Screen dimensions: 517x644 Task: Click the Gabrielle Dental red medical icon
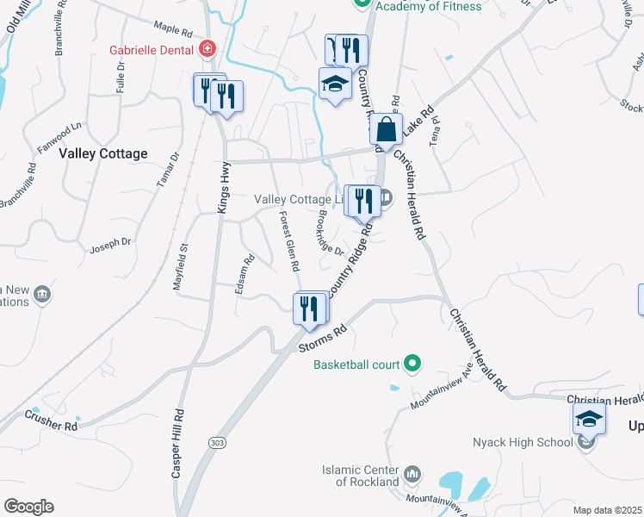click(x=207, y=49)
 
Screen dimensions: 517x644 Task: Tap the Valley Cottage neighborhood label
click(x=103, y=153)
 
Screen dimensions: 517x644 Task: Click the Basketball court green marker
click(x=412, y=364)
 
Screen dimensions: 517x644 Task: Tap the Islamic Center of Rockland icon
click(x=412, y=474)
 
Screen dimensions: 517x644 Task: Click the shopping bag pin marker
click(x=387, y=130)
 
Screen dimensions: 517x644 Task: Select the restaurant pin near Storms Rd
click(x=310, y=308)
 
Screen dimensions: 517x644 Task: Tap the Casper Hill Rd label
click(x=177, y=443)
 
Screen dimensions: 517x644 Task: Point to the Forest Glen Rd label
click(x=289, y=242)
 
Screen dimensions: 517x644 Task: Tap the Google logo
click(x=28, y=507)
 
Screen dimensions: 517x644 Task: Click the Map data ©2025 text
click(x=607, y=510)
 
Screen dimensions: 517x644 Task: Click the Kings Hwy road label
click(x=224, y=189)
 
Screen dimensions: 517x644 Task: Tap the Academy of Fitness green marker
click(x=362, y=3)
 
